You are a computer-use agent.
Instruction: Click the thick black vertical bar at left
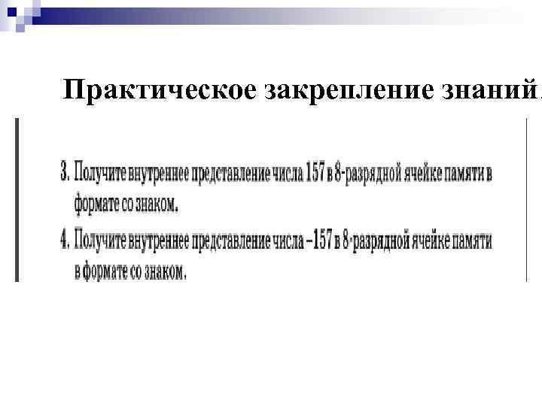(18, 199)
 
